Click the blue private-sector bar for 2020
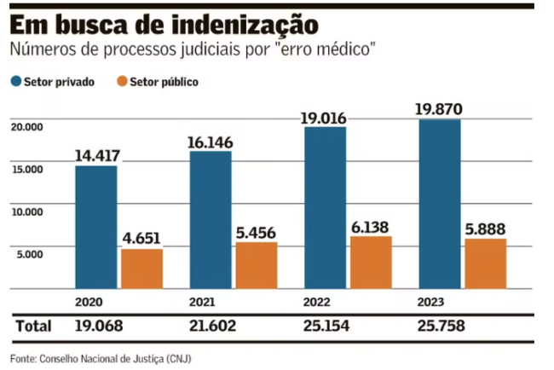tap(95, 227)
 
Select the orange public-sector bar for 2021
tap(257, 265)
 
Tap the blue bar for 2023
tap(440, 204)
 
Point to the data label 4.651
tap(141, 238)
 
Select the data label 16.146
tap(210, 142)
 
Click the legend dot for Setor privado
tap(16, 83)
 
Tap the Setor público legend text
tap(166, 83)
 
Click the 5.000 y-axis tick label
tap(28, 254)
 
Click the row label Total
tap(33, 326)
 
